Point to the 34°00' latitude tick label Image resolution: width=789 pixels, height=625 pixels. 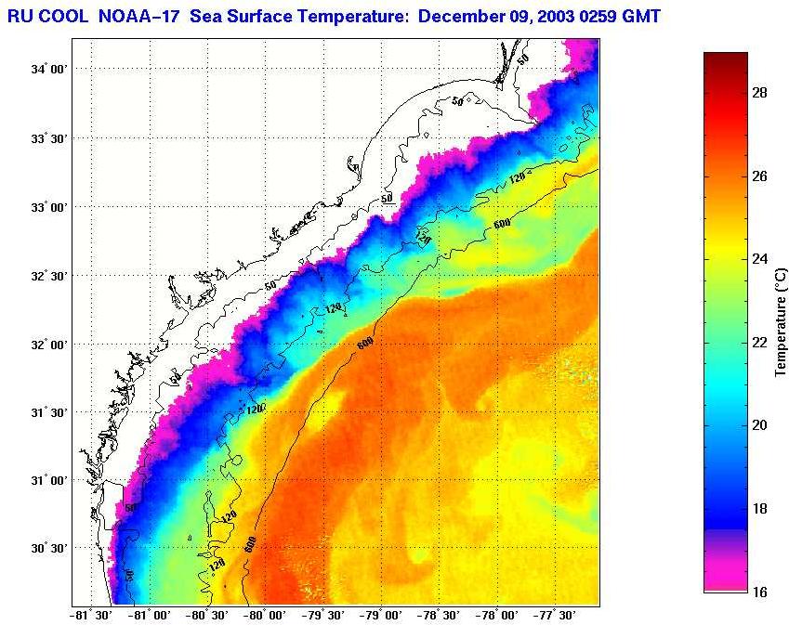click(x=48, y=70)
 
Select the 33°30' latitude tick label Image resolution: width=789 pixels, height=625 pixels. click(x=48, y=138)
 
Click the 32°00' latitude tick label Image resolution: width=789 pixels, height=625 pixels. click(x=48, y=344)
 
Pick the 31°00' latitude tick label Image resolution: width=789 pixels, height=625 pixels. click(x=48, y=480)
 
